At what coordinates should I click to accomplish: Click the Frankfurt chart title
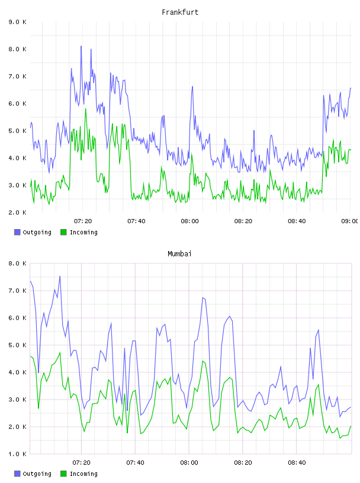[x=180, y=12]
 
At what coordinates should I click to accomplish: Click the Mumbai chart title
[x=179, y=254]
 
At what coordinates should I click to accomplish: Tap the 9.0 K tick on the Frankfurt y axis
[x=18, y=22]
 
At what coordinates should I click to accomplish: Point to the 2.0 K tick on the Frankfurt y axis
[x=18, y=212]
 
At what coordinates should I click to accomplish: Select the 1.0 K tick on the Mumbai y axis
[x=18, y=454]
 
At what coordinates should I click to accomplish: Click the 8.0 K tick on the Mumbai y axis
[x=18, y=263]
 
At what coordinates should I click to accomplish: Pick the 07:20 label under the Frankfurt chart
[x=83, y=221]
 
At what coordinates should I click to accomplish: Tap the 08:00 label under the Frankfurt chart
[x=190, y=221]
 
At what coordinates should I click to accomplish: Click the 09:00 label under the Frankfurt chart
[x=350, y=221]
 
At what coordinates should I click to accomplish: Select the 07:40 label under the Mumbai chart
[x=136, y=463]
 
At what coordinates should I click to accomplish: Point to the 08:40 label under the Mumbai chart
[x=297, y=463]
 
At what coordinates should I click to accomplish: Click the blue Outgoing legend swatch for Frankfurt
[x=17, y=232]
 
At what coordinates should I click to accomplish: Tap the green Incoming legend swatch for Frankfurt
[x=63, y=232]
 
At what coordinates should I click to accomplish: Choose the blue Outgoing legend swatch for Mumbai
[x=17, y=474]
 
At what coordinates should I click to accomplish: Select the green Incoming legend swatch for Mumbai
[x=63, y=474]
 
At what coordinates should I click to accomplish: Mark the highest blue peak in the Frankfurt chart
[x=81, y=46]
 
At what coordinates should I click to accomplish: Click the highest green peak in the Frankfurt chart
[x=86, y=109]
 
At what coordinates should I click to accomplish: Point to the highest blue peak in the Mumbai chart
[x=60, y=276]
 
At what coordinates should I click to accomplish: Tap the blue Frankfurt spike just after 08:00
[x=192, y=86]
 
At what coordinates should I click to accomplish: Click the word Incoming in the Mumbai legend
[x=83, y=474]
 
